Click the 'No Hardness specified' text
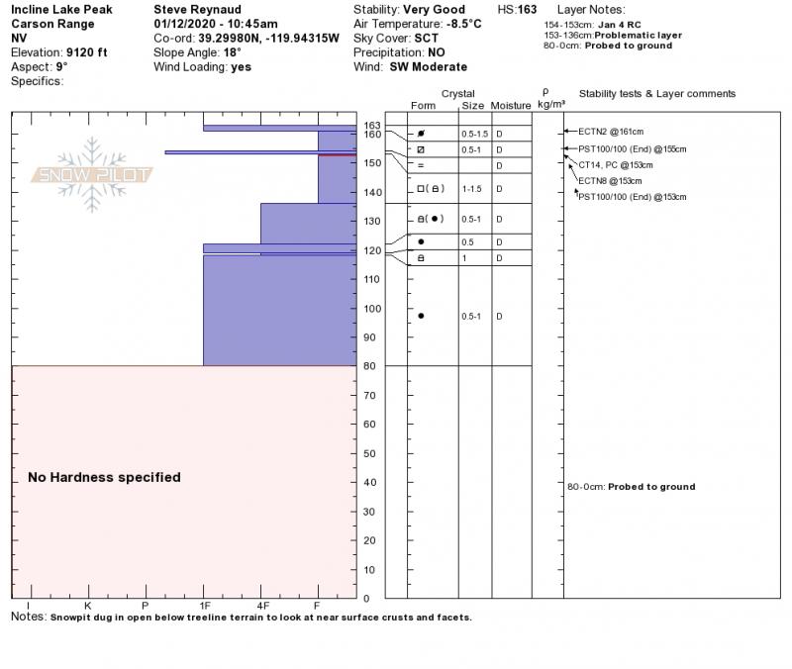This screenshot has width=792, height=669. [104, 477]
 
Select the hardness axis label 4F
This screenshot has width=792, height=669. [262, 605]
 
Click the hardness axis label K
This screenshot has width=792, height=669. [87, 605]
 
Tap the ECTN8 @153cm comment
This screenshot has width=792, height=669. [610, 181]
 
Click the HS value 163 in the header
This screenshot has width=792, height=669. [528, 10]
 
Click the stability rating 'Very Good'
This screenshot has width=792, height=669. [435, 10]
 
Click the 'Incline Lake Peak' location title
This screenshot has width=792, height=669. [61, 10]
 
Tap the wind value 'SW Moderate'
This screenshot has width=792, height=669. [429, 67]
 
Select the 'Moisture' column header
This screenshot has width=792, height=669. [511, 105]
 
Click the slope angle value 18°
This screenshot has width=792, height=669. [233, 52]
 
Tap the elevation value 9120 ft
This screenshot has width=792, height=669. [87, 52]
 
